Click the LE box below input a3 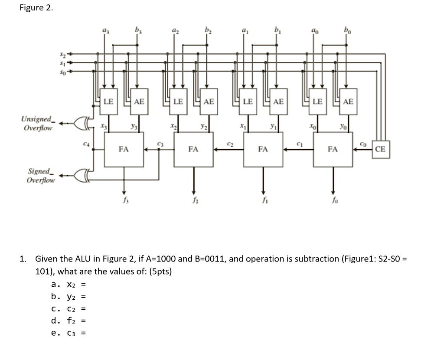pos(108,101)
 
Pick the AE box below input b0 pos(348,101)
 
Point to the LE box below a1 pos(248,101)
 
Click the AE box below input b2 pos(209,101)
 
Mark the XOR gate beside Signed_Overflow pos(81,176)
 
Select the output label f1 pos(263,201)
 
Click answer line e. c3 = pos(69,333)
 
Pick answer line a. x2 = pos(69,285)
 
